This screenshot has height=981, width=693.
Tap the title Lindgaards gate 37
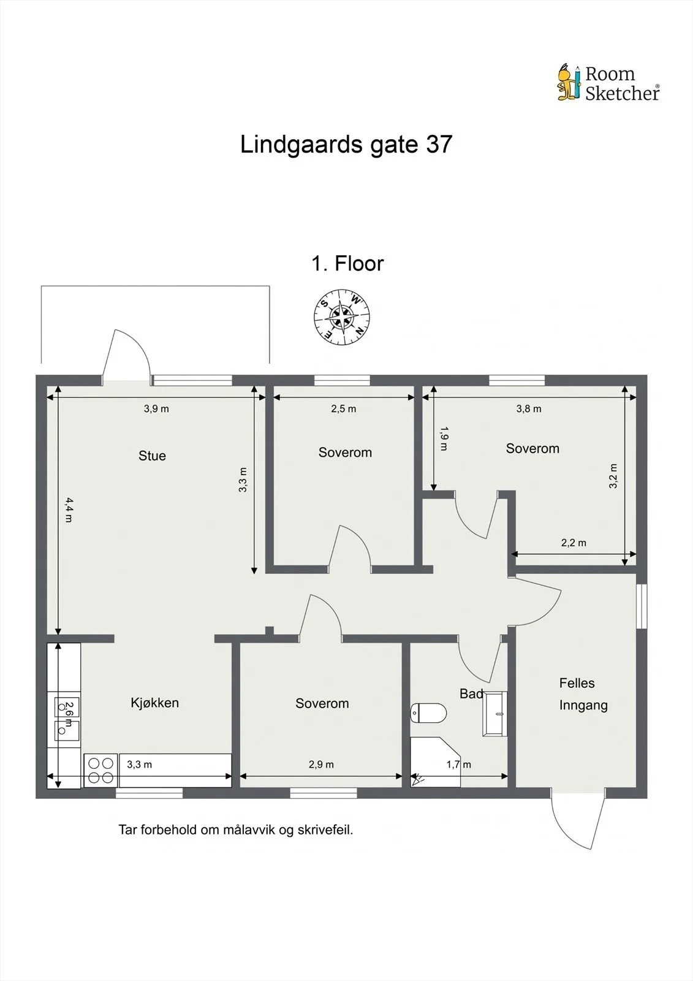(x=346, y=144)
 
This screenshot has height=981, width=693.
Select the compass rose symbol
(x=341, y=317)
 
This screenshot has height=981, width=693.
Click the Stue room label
(x=152, y=456)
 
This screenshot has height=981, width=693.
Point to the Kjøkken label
(x=154, y=703)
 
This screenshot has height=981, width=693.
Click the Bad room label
(x=471, y=693)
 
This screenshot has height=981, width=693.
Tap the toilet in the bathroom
(x=428, y=712)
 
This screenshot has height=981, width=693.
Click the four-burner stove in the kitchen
(x=100, y=770)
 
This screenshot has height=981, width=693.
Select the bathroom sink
(x=494, y=714)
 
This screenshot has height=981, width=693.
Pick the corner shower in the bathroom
(x=435, y=762)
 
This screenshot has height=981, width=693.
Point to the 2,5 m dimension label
(x=343, y=408)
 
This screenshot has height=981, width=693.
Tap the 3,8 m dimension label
(x=528, y=408)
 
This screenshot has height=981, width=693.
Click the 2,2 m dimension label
(x=574, y=543)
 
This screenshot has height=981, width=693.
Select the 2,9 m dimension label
(x=321, y=764)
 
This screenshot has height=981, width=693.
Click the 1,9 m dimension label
(x=444, y=438)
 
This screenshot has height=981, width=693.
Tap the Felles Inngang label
(x=583, y=694)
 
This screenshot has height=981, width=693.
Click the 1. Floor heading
(x=347, y=264)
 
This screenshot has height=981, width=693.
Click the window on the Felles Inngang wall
(x=642, y=606)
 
